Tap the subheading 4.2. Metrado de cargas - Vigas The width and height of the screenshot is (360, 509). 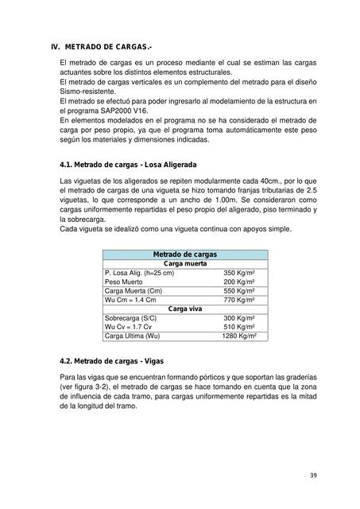[x=110, y=360]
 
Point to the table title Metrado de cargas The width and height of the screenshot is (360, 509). [x=184, y=254]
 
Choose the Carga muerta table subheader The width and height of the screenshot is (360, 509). [x=184, y=263]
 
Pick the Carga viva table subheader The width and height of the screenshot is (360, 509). [x=184, y=307]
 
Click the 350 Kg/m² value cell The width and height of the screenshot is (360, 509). [x=244, y=273]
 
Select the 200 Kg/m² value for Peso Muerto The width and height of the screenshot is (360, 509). [x=244, y=282]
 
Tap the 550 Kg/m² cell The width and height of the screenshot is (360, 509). [x=244, y=290]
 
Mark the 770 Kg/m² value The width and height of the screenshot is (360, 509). [x=244, y=299]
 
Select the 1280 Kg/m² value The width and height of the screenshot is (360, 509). [x=242, y=335]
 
